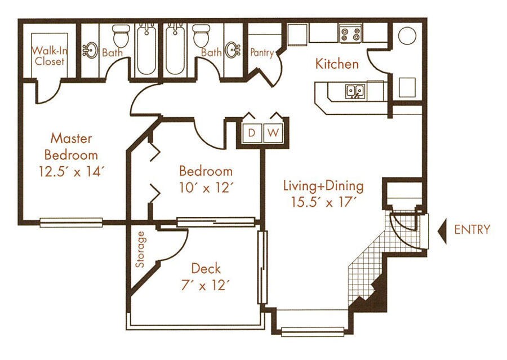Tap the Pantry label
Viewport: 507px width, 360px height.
262,53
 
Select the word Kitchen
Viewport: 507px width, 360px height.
337,64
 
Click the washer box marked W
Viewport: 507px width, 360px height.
273,133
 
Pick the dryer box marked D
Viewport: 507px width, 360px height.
252,133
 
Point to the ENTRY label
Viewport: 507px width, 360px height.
472,229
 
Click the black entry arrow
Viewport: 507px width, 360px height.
442,230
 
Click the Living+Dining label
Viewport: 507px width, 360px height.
323,185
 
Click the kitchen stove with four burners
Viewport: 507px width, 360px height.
350,33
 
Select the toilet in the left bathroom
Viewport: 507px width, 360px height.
120,37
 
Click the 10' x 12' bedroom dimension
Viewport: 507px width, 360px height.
206,187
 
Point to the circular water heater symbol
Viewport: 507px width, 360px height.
407,35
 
